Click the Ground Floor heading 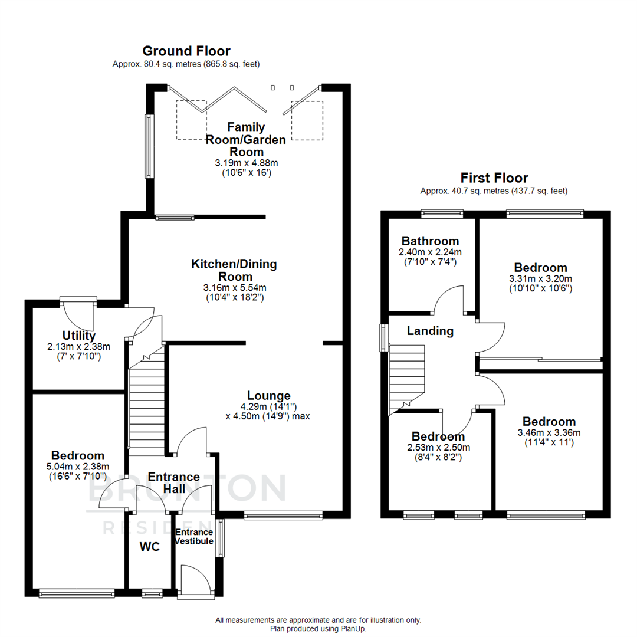coord(186,51)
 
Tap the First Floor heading coord(494,178)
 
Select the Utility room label coord(78,336)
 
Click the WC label coord(150,547)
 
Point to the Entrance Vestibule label coord(193,537)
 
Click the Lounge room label coord(268,396)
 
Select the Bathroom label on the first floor coord(430,241)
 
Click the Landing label coord(430,331)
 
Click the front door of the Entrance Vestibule coord(196,580)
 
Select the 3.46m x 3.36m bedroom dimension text coord(549,432)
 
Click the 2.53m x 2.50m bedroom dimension coord(438,447)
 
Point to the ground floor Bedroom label coord(78,455)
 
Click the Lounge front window coord(283,515)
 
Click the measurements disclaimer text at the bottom coord(318,620)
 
